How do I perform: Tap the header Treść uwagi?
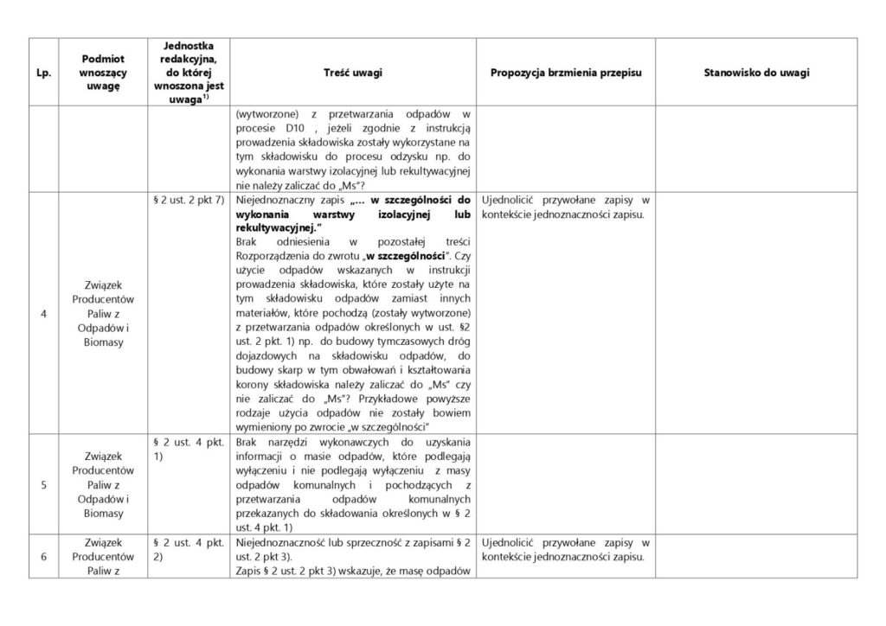coord(354,73)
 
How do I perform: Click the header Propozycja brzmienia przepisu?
coord(565,73)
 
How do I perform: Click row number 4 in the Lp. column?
coord(43,313)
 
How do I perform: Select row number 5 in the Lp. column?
coord(43,483)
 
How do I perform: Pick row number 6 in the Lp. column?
coord(43,556)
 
